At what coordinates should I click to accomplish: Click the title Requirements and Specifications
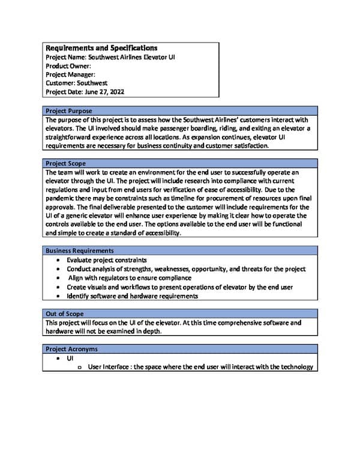pos(102,48)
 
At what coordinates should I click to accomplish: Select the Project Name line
pos(110,57)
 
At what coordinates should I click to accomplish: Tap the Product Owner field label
pos(68,66)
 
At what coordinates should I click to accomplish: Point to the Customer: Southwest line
pos(77,83)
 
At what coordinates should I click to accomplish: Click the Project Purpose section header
pos(68,111)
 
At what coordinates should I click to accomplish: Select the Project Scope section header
pos(65,163)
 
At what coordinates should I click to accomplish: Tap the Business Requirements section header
pos(80,250)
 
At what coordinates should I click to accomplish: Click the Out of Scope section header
pos(65,313)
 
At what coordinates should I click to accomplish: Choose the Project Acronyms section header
pos(71,349)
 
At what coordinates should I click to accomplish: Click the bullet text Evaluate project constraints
pos(107,260)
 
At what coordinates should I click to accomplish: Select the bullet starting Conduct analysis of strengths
pos(186,269)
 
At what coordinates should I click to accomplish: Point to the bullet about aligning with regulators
pos(130,278)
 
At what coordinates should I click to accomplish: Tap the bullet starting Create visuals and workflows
pos(179,287)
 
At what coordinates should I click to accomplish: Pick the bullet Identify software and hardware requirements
pos(133,296)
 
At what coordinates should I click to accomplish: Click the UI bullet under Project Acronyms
pos(70,358)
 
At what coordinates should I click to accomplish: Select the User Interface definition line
pos(200,367)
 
